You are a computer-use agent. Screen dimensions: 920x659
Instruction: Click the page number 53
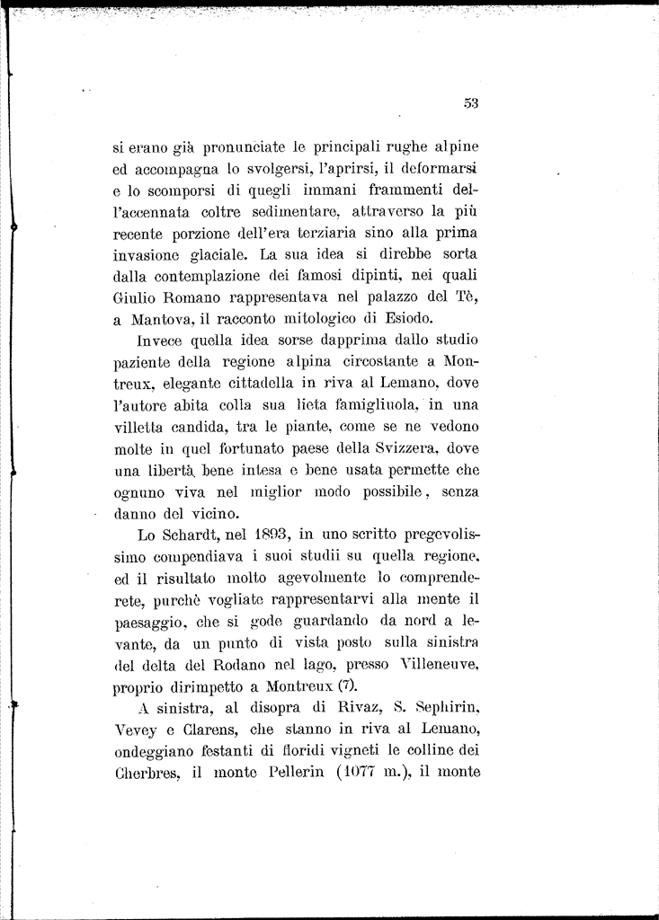click(471, 103)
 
